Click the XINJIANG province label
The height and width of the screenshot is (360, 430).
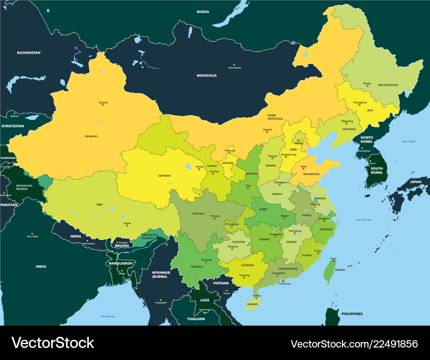pos(91,136)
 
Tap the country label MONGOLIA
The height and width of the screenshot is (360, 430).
pos(206,75)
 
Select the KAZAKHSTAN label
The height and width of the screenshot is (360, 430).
pos(28,52)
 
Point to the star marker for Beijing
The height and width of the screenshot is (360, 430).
pos(298,141)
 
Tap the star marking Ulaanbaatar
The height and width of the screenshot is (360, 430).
pos(234,65)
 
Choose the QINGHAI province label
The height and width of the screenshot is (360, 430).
pos(164,175)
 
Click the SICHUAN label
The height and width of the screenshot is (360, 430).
pos(198,213)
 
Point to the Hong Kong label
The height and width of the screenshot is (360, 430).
pos(285,283)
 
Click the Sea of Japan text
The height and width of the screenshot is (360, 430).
pos(409,141)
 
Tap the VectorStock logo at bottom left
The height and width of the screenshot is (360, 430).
pos(52,343)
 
